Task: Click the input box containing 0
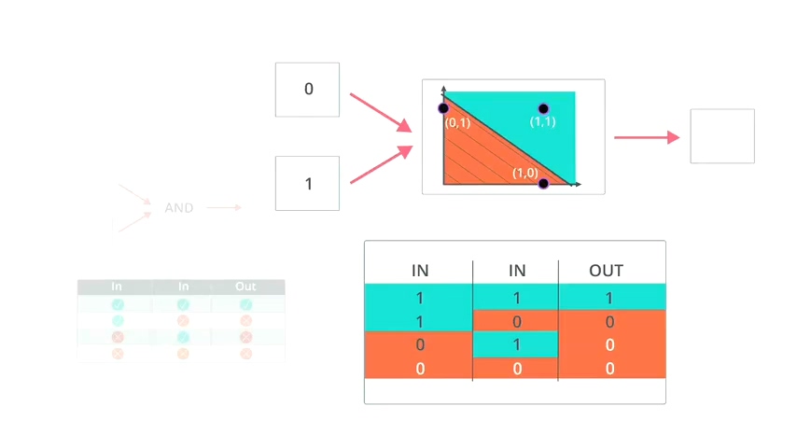307,90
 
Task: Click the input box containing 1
307,184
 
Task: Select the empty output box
721,136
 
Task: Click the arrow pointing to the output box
646,137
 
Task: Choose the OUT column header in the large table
606,271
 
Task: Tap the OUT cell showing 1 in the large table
610,298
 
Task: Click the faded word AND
178,208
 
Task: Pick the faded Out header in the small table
245,287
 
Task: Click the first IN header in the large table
420,271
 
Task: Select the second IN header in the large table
516,271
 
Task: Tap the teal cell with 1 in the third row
516,344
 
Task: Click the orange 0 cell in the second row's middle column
516,321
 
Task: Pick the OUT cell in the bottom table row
610,369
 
